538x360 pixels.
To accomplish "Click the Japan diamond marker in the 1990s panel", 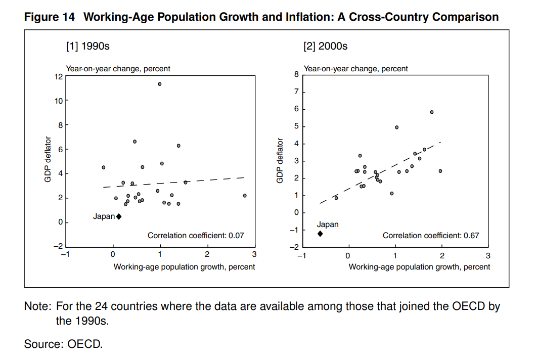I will coord(119,216).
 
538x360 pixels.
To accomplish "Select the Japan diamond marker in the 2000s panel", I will coord(320,234).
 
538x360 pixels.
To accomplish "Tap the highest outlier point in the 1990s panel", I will coord(160,84).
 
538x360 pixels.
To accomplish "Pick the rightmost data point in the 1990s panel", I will coord(245,196).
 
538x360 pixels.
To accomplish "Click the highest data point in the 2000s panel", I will coord(432,112).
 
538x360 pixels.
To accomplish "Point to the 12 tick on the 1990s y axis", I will coord(58,77).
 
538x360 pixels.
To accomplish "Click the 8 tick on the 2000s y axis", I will coord(297,75).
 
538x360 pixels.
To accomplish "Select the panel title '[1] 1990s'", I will coord(87,47).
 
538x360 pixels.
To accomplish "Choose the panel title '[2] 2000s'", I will coord(325,47).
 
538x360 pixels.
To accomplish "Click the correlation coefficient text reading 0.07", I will coord(196,236).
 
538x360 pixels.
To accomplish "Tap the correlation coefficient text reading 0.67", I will coord(431,236).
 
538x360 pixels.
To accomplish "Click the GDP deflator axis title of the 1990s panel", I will coord(48,160).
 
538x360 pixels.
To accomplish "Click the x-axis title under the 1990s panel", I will coord(184,266).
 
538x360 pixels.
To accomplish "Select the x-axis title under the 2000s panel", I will coord(419,266).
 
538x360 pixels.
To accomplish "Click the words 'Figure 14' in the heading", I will coord(50,17).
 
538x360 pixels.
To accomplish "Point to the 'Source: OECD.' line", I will coord(63,344).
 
